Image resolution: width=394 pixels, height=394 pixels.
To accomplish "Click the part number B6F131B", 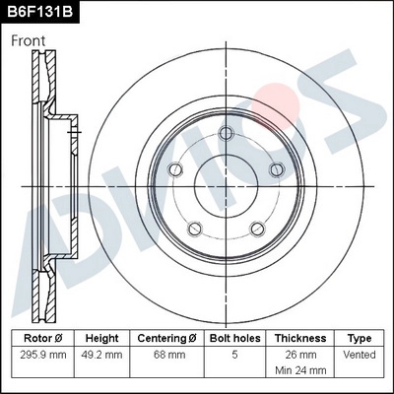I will (x=39, y=12).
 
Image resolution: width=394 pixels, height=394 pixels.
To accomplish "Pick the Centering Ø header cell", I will (x=166, y=337).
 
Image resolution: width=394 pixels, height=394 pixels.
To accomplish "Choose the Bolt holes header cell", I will (x=232, y=337).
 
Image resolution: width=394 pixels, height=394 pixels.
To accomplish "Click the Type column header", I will (x=360, y=337).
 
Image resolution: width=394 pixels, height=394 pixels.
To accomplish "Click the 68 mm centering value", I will (x=166, y=354).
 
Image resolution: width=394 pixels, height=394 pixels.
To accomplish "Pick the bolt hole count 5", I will (x=232, y=354).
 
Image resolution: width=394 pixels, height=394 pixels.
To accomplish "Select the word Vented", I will (x=360, y=354).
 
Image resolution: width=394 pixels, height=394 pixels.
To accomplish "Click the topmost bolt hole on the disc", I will (x=226, y=134).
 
